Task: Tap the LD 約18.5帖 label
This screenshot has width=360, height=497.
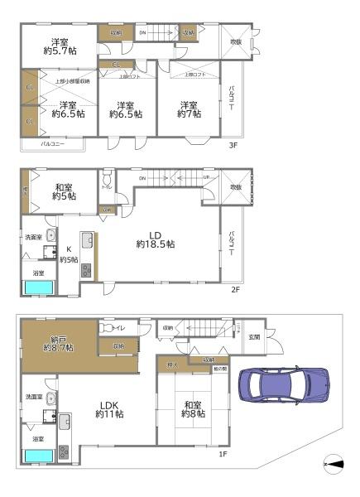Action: tap(156, 239)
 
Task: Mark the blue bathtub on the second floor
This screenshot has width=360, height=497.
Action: tap(38, 287)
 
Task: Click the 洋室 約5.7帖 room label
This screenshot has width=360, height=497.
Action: tap(58, 48)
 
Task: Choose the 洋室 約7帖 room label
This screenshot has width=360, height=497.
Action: tap(190, 109)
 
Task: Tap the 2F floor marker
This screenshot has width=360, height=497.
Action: tap(235, 290)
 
